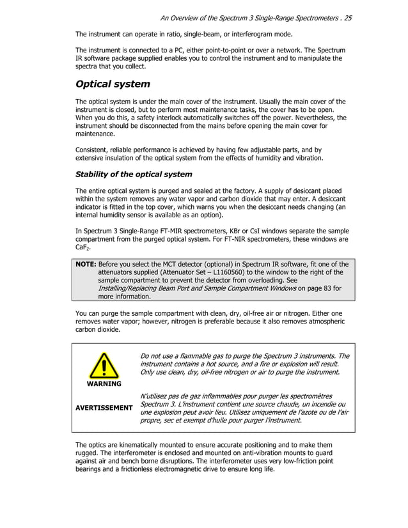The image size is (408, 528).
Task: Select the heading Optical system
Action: click(113, 84)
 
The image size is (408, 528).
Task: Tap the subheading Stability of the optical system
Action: click(134, 174)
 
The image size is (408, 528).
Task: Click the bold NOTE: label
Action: click(86, 264)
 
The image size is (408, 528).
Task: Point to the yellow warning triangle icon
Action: click(104, 366)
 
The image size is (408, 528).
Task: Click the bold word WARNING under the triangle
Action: click(104, 384)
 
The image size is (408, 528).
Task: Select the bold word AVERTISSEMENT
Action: click(104, 407)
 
